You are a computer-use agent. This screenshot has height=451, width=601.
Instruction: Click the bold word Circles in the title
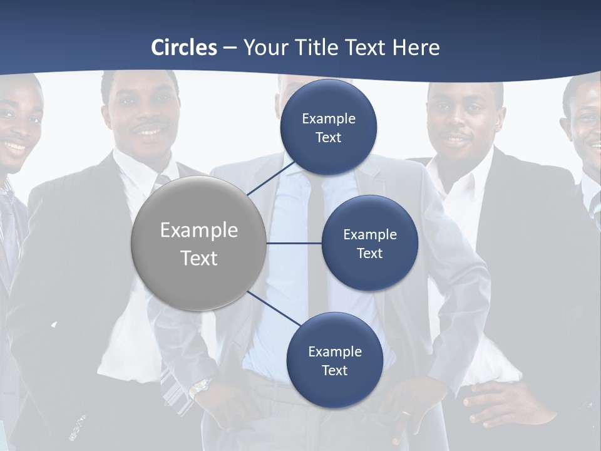184,48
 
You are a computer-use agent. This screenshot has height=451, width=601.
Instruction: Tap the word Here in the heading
416,48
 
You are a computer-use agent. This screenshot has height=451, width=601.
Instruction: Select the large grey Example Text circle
199,243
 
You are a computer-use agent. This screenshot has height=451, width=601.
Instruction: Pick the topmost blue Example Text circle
329,128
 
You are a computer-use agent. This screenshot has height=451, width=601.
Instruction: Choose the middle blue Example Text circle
370,243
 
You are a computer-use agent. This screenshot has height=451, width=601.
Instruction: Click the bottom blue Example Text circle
335,360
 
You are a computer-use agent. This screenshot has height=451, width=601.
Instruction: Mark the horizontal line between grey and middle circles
294,243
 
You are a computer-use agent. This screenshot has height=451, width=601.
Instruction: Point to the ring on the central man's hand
406,413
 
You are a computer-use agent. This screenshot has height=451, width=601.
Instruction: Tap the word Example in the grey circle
199,231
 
